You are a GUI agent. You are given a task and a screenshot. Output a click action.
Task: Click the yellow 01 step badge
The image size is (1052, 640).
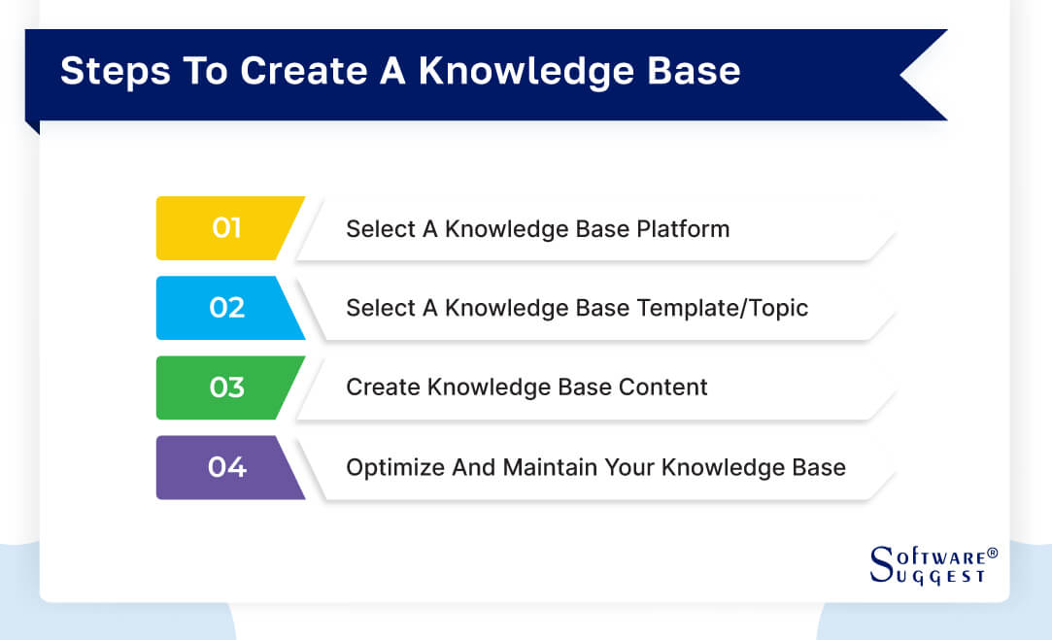tap(226, 228)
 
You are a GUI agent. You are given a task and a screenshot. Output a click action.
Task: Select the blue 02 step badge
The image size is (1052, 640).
tap(226, 308)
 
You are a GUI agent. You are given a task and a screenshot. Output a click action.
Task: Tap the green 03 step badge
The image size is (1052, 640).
tap(226, 387)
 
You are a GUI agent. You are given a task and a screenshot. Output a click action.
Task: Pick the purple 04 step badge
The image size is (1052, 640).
tap(226, 467)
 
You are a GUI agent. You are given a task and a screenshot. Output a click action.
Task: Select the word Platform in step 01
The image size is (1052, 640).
tap(683, 229)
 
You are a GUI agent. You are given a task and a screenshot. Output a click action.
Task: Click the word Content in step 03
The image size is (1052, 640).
tap(661, 387)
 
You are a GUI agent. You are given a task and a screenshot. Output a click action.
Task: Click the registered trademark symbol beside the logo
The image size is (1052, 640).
tap(992, 554)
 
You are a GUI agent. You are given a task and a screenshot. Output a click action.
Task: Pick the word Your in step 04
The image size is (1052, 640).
tap(629, 467)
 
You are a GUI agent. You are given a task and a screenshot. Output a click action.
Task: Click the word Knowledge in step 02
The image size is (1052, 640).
tap(498, 308)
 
